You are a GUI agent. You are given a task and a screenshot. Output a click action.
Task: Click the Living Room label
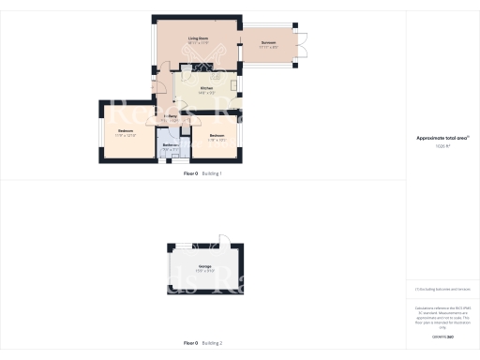tap(197, 37)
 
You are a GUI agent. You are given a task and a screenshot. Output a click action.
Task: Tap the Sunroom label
tap(268, 42)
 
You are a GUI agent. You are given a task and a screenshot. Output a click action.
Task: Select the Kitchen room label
tap(206, 88)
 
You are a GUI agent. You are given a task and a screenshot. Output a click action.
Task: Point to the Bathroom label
tap(170, 144)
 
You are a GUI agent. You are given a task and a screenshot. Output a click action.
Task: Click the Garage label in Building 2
tap(204, 267)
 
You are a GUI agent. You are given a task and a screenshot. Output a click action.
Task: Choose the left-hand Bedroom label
tap(125, 131)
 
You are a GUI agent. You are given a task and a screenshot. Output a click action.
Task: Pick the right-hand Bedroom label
tap(217, 136)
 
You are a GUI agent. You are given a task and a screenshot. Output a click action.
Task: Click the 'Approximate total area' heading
tap(442, 138)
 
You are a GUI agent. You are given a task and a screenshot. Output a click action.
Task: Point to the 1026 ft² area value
tap(442, 146)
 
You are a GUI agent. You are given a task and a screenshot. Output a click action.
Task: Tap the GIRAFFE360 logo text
tap(442, 337)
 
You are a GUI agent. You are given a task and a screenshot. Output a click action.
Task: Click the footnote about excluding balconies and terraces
tap(442, 291)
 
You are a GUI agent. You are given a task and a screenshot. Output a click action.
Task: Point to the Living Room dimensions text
tap(197, 43)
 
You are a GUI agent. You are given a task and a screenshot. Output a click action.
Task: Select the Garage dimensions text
tap(204, 272)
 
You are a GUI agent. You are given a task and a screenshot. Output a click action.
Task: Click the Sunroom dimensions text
tap(268, 47)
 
